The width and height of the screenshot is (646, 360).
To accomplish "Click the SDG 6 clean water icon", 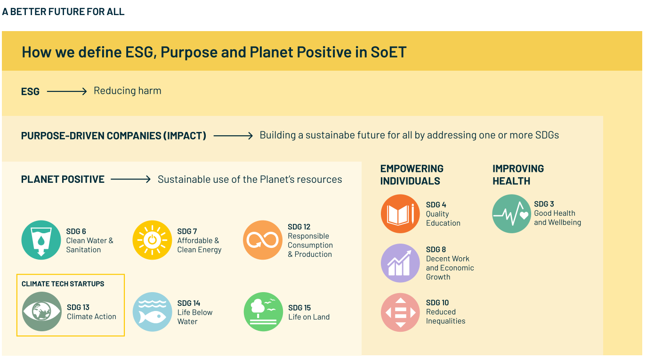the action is (x=41, y=240).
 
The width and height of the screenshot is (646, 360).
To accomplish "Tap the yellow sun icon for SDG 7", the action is (x=152, y=240).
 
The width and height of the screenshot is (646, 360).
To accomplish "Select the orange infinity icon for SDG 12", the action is (x=262, y=240).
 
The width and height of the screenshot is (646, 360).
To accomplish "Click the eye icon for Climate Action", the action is (x=42, y=311).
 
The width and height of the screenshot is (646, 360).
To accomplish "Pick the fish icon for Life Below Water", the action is (x=152, y=312).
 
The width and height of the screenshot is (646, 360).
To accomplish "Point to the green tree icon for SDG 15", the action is (x=263, y=312).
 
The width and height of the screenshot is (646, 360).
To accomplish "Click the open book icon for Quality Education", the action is (x=400, y=213).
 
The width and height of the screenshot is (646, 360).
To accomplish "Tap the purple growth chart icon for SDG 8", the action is (x=400, y=263).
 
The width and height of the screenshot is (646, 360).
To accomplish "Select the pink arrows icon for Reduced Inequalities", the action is (x=400, y=312).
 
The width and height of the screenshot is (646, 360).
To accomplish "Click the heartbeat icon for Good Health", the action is (x=512, y=213).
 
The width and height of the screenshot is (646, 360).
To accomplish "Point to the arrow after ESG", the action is (x=66, y=91).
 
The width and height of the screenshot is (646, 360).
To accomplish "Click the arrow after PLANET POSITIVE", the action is (x=130, y=179).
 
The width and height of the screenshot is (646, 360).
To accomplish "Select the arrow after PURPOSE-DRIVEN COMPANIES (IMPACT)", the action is (x=233, y=136).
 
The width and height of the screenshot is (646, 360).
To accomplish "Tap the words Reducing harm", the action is (x=128, y=90).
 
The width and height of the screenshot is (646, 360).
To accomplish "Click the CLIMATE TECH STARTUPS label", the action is (x=63, y=284).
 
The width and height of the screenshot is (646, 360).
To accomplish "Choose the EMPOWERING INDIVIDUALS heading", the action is (x=412, y=175).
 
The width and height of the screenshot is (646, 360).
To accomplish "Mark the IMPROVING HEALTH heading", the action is (x=518, y=175).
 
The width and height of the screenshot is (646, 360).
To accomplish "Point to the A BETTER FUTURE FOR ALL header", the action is (x=63, y=12).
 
